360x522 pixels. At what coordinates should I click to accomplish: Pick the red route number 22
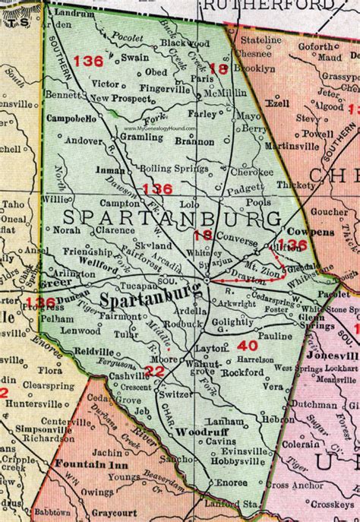tap(154, 370)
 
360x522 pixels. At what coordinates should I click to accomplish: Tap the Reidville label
tap(94, 351)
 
